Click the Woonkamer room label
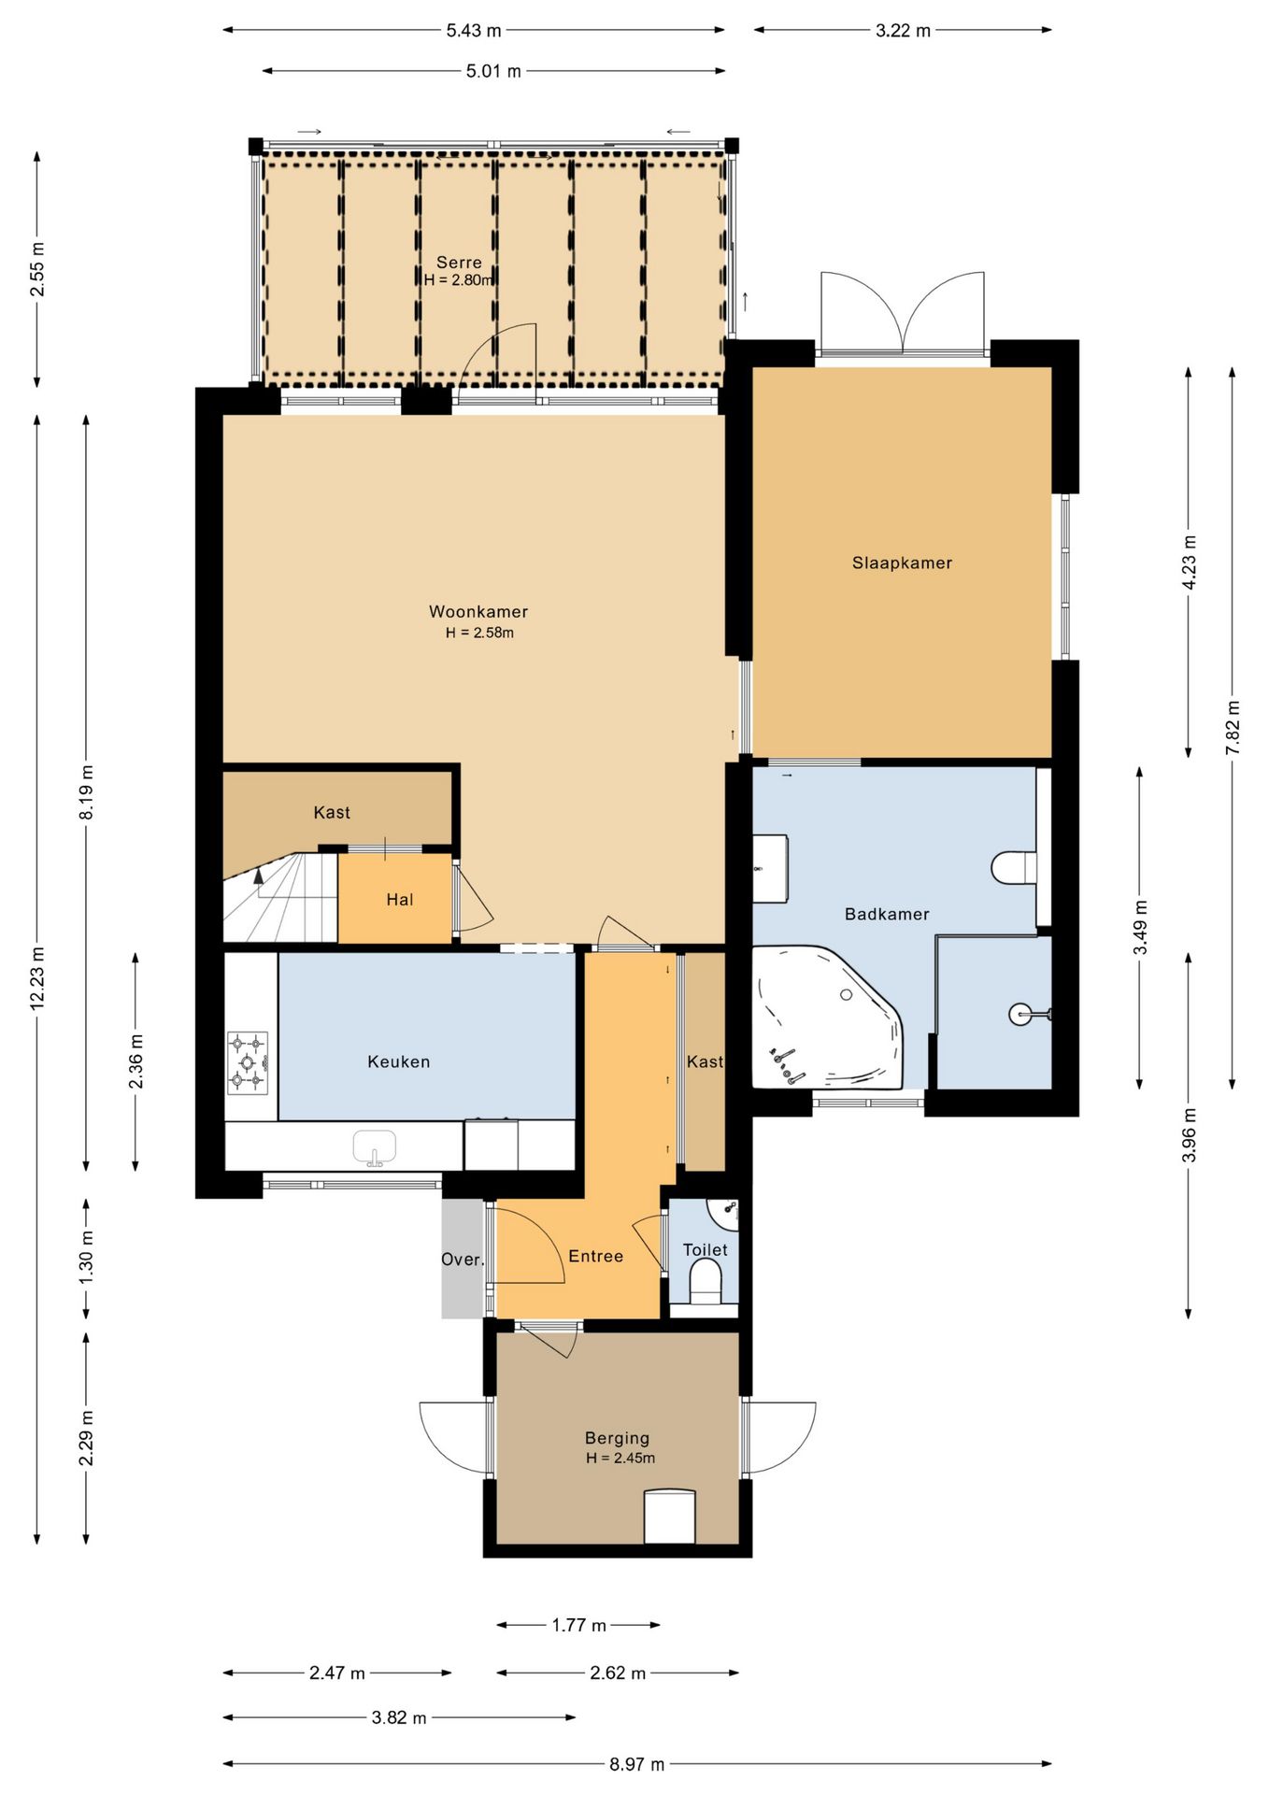478,612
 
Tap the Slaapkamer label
902,562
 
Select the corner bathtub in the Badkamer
828,1018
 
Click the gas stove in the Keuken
248,1063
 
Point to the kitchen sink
374,1147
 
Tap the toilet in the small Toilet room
706,1282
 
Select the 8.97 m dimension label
637,1764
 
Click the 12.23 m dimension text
37,977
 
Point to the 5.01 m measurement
493,71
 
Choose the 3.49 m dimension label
1140,928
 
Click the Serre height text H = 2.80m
459,279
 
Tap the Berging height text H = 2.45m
620,1458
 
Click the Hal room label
400,900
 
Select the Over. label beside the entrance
463,1260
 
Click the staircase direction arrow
259,883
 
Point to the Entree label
596,1256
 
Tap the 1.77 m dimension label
579,1625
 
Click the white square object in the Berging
669,1516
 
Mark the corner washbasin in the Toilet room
725,1214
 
